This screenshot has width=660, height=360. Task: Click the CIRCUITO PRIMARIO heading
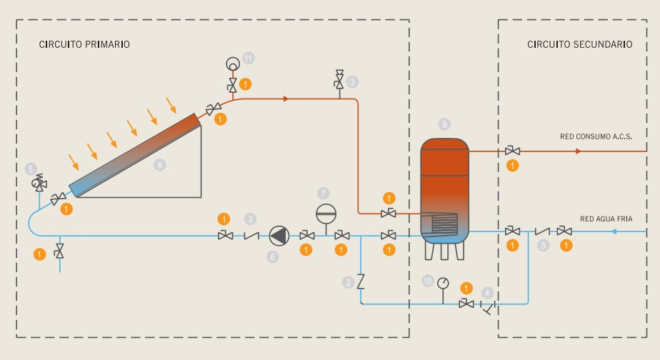tap(84, 44)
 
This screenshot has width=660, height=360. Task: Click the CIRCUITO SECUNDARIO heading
tap(579, 44)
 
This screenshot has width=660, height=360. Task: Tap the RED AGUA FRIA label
tap(606, 218)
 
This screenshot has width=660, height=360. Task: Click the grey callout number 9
tap(445, 124)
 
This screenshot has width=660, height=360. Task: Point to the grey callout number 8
tap(160, 164)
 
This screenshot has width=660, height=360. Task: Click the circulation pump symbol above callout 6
tap(278, 234)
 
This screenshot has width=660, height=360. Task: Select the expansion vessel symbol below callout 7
tap(324, 214)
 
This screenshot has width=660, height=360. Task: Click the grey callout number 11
tap(248, 57)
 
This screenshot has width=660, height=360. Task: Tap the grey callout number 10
tap(428, 281)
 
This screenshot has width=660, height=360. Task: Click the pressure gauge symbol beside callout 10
tap(444, 281)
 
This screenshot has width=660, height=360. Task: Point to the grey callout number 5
tap(31, 169)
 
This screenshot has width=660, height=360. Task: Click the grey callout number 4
tap(487, 292)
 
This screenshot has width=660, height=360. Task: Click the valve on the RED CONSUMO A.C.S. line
tap(511, 151)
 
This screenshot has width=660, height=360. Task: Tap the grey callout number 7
tap(324, 193)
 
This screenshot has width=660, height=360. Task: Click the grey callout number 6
tap(272, 256)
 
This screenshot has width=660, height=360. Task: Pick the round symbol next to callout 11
tap(232, 62)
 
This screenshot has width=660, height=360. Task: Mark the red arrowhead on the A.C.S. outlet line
tap(579, 151)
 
